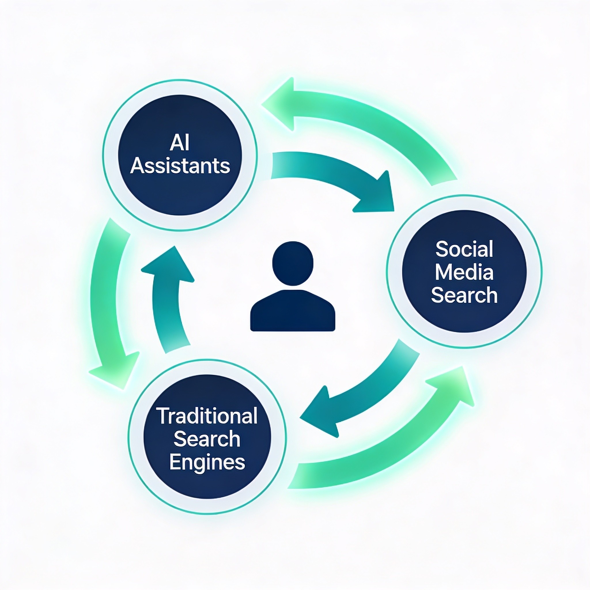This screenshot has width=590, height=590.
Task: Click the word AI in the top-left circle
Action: coord(180,143)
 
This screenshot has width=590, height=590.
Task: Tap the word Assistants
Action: coord(180,166)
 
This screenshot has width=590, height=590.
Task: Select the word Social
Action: coord(464,249)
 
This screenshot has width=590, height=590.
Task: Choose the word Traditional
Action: coord(207,416)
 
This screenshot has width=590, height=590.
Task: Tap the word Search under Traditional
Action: coord(207,439)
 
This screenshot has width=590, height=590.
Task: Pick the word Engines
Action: coord(207,462)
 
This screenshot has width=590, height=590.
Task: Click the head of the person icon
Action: coord(293,264)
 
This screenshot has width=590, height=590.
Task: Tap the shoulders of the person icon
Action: coord(293,310)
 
